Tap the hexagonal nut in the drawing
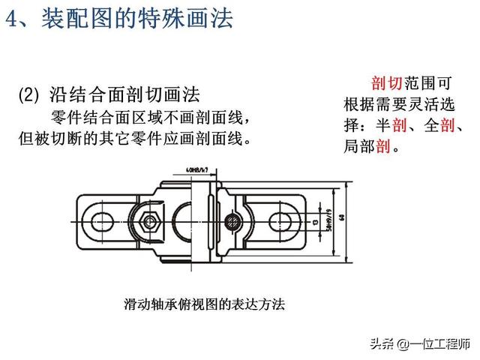pos(149,221)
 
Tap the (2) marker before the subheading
pos(28,95)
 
